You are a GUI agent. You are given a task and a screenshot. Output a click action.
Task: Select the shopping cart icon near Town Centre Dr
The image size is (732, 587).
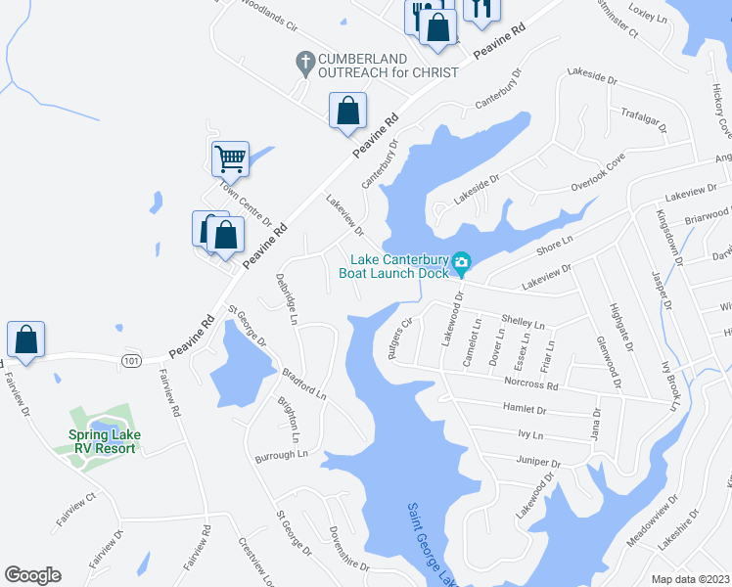pos(230,157)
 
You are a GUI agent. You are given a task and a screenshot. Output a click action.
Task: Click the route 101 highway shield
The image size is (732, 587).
pos(131,361)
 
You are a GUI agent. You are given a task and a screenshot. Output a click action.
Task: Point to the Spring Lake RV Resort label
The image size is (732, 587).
pos(105,441)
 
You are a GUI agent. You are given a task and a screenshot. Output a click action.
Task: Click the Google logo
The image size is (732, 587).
pos(32,574)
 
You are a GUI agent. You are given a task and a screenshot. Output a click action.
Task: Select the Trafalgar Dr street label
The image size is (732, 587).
pos(643,120)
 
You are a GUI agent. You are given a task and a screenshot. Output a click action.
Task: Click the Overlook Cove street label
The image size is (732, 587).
pos(598,176)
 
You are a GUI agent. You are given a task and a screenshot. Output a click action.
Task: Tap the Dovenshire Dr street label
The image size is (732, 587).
pos(349,547)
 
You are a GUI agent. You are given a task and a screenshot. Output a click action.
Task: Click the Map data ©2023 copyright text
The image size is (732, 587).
pos(690,579)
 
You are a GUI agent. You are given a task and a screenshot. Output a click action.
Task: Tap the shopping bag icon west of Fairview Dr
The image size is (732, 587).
pos(25,339)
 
